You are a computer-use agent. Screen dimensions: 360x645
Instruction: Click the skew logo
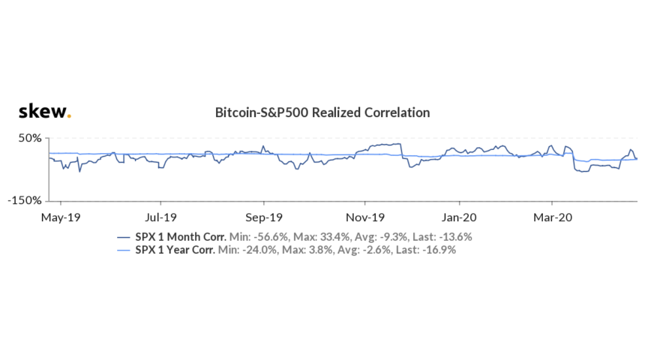point(44,112)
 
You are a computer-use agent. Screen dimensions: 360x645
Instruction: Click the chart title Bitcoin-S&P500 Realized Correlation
point(322,112)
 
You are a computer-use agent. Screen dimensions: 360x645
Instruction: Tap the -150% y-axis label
point(25,201)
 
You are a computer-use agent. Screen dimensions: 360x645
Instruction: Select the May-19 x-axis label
point(61,217)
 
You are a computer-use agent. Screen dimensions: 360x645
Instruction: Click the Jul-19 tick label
point(160,217)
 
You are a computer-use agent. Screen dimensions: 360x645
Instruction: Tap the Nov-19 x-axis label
point(365,217)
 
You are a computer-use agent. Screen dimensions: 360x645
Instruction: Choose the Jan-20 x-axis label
point(460,217)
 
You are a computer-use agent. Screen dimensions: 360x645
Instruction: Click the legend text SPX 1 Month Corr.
point(181,237)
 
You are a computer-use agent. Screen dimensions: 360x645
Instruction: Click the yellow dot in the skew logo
point(69,117)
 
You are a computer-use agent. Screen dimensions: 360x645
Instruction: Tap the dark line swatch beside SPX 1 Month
point(125,237)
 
